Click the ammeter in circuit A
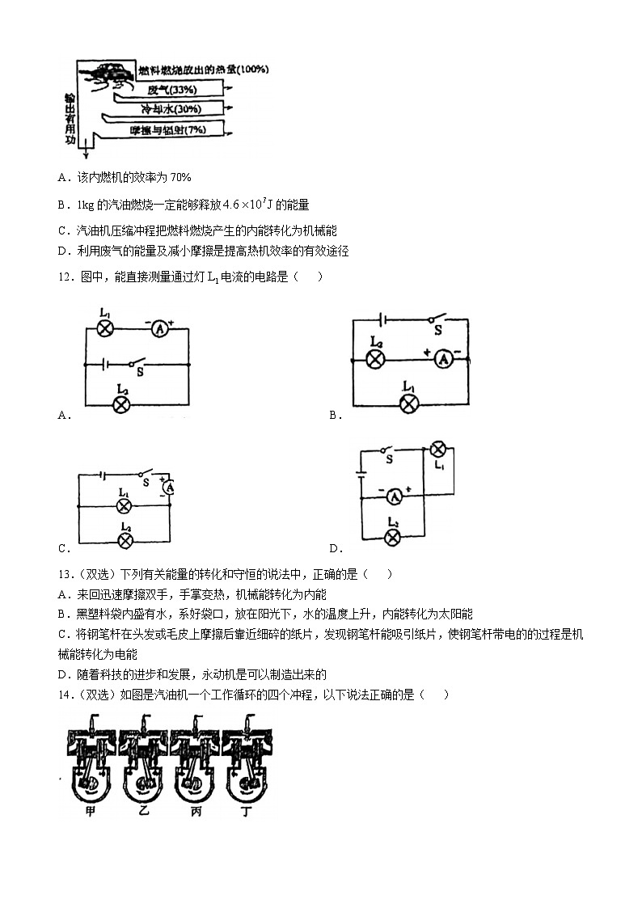(160, 329)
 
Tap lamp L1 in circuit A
(105, 329)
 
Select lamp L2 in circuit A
(121, 404)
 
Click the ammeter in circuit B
(443, 360)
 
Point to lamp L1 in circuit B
(409, 403)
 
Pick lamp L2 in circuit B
(376, 360)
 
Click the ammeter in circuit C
(169, 488)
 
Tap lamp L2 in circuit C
(125, 542)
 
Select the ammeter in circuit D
(395, 496)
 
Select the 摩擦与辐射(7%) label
(168, 129)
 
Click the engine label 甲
(90, 811)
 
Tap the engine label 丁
(247, 811)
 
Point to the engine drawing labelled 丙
(196, 758)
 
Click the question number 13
(65, 574)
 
